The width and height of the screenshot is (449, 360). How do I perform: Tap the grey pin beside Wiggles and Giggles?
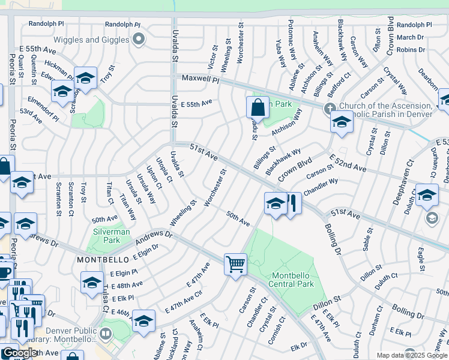tap(139, 40)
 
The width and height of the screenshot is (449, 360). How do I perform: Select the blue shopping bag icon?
tap(258, 108)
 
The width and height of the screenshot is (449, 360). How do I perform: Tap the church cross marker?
tap(328, 109)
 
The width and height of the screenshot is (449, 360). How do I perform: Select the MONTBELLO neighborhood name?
tap(99, 259)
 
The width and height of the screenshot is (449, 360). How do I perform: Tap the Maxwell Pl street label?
tap(200, 79)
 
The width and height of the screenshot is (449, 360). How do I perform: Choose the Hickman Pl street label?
tap(59, 67)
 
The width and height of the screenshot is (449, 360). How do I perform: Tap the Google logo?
tap(19, 353)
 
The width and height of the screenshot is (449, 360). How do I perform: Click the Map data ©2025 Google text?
tap(411, 355)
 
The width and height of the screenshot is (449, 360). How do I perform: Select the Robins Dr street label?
tap(411, 50)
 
